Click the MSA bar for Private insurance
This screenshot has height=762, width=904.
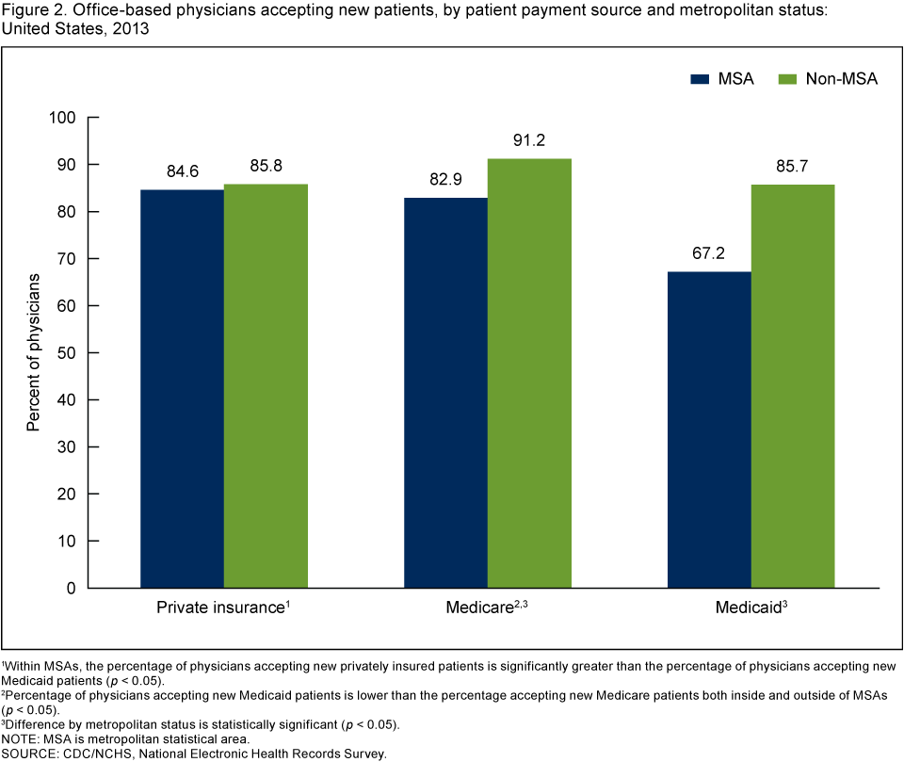tap(182, 388)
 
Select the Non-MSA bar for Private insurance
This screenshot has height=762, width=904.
tap(266, 385)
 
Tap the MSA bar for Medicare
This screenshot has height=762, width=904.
tap(445, 392)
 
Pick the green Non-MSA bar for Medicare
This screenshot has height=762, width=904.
tap(529, 373)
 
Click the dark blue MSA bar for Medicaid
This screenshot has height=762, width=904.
tap(709, 430)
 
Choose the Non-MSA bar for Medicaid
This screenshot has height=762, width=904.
tap(793, 386)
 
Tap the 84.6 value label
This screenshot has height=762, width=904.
tap(182, 173)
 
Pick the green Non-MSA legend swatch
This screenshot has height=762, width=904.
tap(788, 79)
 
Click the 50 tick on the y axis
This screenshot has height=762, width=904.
tap(66, 353)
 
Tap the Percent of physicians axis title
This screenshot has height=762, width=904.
tap(34, 353)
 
